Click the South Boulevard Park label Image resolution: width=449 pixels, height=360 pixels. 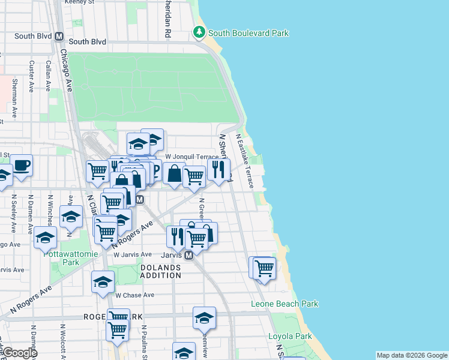[x=249, y=33]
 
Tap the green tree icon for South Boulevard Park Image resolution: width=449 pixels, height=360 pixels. [x=199, y=32]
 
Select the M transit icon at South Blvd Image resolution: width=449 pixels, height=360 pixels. [x=59, y=36]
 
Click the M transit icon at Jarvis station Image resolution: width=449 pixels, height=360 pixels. [x=188, y=256]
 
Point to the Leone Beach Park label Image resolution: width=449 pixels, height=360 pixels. [x=284, y=304]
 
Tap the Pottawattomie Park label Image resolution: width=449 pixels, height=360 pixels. [x=62, y=258]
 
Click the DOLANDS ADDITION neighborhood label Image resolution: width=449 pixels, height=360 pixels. [x=160, y=271]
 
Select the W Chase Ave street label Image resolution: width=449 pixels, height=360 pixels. [x=135, y=295]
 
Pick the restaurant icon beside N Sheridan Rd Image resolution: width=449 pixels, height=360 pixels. [x=218, y=169]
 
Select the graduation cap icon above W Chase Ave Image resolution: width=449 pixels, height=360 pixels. [x=103, y=281]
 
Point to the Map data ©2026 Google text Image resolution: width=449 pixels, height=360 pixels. [x=412, y=355]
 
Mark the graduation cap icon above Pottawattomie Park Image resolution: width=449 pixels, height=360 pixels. [x=45, y=238]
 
